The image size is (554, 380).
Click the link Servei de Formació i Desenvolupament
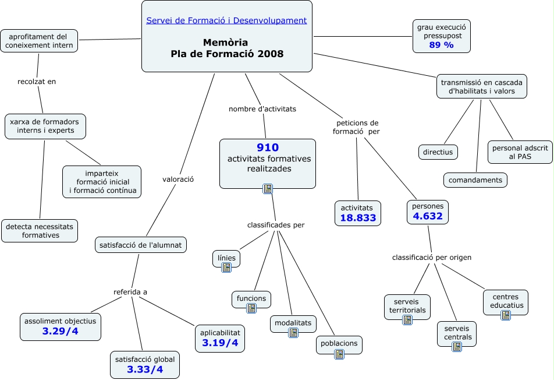point(226,20)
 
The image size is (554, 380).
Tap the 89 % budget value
point(441,45)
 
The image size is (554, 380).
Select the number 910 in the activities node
point(268,147)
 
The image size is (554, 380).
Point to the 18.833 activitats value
point(358,219)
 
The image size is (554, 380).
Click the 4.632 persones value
point(428,216)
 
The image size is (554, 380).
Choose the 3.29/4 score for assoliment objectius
point(61,332)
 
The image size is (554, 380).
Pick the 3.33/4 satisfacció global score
point(144,370)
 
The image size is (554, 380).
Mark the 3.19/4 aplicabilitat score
point(220,343)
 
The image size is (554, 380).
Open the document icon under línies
point(226,268)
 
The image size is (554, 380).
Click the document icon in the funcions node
point(251,308)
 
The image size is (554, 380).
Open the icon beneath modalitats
point(293,333)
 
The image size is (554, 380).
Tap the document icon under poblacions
point(339,353)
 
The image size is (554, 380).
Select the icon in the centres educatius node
point(506,315)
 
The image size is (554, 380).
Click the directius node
point(438,152)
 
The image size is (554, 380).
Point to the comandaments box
point(475,180)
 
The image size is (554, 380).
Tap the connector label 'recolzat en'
point(37,82)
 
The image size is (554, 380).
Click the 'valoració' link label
point(178,180)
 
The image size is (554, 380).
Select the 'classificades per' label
point(276,225)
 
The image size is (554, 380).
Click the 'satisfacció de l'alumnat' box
point(140,245)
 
